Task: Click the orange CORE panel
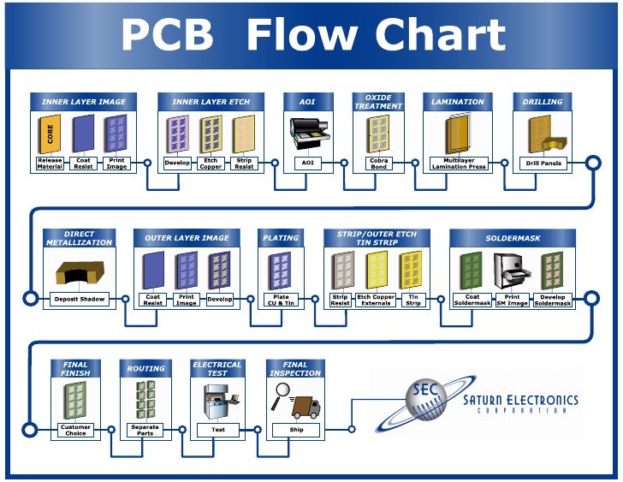click(50, 134)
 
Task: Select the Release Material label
click(50, 163)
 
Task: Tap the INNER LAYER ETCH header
click(211, 102)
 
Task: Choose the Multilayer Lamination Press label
click(459, 163)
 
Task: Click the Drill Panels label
click(543, 163)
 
